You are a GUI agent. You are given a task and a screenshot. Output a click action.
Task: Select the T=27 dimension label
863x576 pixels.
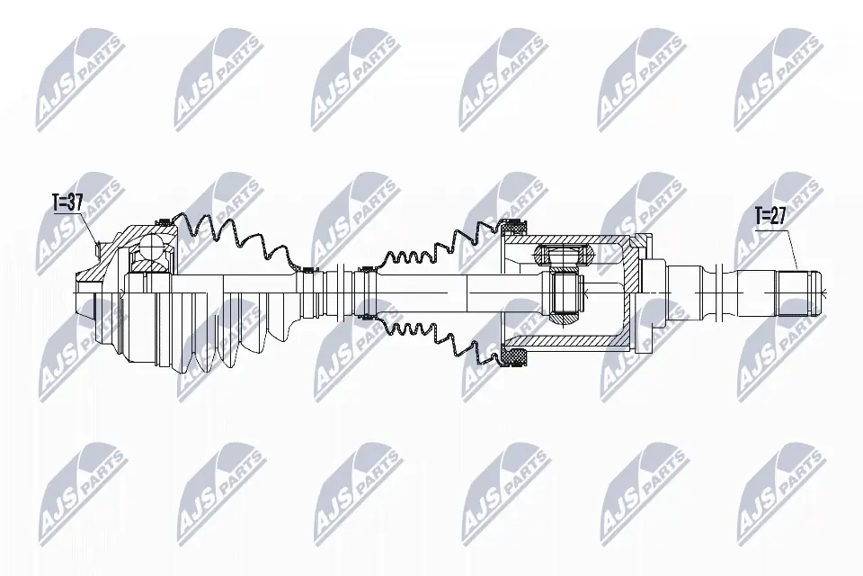tap(770, 216)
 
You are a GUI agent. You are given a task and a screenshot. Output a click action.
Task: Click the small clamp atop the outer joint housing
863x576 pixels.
tap(165, 221)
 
